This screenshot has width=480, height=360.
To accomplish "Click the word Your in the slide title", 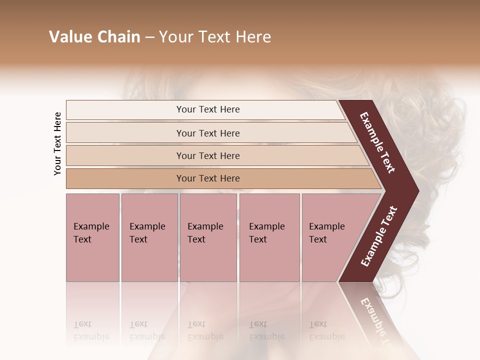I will pyautogui.click(x=174, y=37).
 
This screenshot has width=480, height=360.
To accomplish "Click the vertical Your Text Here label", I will pyautogui.click(x=57, y=143).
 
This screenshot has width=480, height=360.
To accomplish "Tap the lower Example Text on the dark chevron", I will pyautogui.click(x=379, y=236).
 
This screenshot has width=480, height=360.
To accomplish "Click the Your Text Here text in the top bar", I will pyautogui.click(x=208, y=109).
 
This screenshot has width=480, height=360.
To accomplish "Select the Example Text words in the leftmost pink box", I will pyautogui.click(x=91, y=233).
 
